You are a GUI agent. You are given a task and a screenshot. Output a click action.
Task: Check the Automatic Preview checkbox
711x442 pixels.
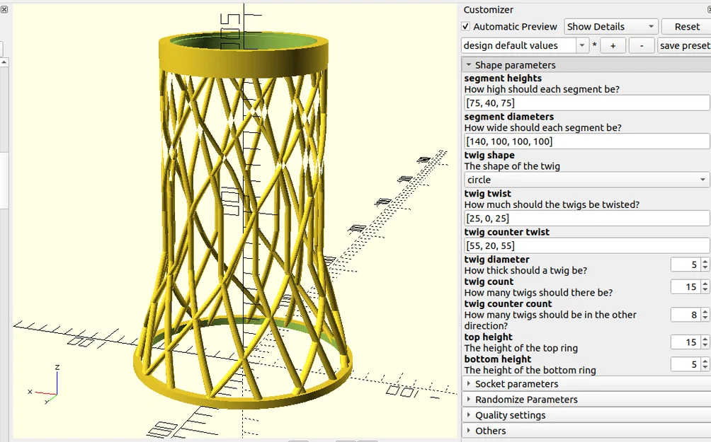pos(466,27)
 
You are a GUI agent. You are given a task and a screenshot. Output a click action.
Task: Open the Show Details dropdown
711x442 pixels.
pos(611,27)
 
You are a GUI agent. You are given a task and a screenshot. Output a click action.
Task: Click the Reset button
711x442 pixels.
pos(686,27)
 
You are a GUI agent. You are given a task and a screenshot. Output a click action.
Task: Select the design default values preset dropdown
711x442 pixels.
pos(525,45)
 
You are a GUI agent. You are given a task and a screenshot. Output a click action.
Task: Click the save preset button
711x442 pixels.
pos(683,45)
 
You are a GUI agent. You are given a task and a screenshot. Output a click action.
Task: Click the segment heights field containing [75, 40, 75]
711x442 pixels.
pos(586,103)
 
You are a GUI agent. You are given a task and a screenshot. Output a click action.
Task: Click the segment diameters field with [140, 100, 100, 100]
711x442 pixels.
pos(586,141)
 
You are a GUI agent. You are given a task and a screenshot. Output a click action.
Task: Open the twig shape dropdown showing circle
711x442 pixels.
pos(586,180)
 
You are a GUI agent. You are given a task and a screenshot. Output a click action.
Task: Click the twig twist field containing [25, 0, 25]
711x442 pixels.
pos(586,218)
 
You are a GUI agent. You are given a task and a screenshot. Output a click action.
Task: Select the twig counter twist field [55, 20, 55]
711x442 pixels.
pos(586,245)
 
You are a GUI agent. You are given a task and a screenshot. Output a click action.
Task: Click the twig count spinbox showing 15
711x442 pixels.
pos(686,287)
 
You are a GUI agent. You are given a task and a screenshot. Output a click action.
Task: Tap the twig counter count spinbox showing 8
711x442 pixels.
pos(686,315)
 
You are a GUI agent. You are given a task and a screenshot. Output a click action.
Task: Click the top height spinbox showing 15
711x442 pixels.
pos(686,342)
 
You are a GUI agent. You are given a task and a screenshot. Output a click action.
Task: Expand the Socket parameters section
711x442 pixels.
pos(516,384)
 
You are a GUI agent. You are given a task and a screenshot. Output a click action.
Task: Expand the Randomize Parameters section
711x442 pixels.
pos(526,400)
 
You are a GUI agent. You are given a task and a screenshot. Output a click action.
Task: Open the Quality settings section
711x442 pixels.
pos(510,415)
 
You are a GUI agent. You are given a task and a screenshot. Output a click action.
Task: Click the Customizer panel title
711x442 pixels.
pos(489,10)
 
